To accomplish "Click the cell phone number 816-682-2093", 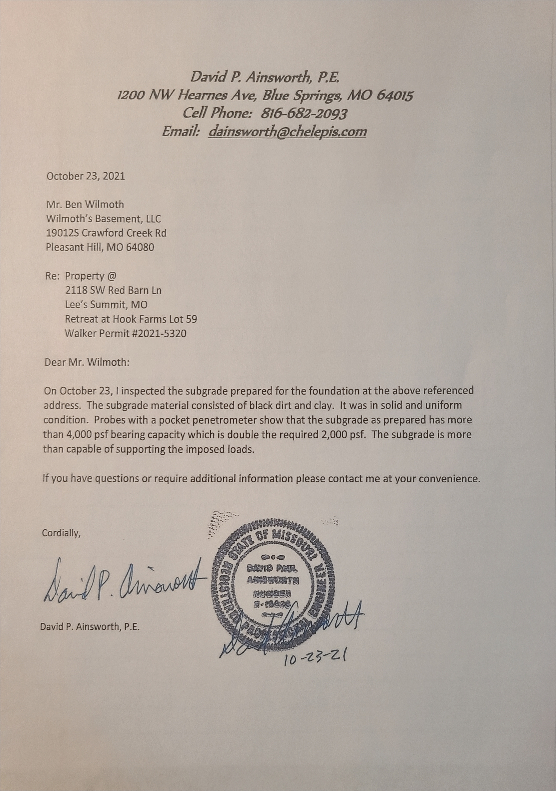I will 304,113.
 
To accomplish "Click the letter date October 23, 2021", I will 86,176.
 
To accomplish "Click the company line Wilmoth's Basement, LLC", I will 104,219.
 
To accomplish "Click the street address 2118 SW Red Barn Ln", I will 113,291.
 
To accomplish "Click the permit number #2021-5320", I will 159,334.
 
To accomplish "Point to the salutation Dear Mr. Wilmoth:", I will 87,363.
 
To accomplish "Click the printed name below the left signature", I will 90,626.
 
